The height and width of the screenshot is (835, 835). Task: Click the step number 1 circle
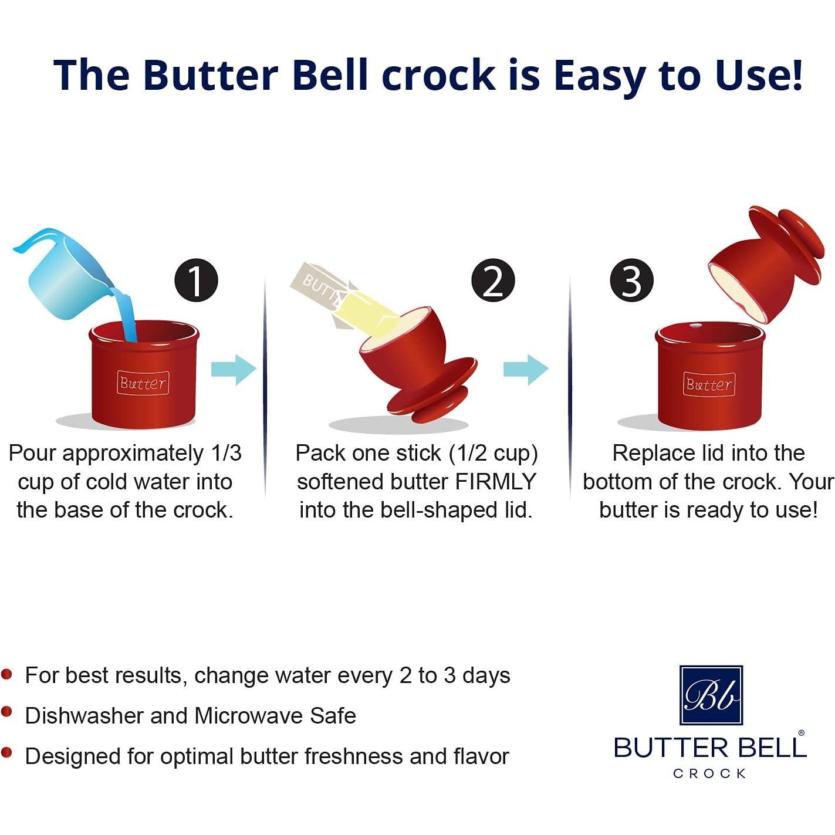196,280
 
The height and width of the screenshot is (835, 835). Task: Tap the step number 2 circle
493,280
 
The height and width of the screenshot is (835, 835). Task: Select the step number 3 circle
631,280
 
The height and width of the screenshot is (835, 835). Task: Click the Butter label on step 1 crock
143,383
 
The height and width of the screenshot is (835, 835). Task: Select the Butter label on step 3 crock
709,384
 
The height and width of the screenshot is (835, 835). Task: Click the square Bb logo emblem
711,695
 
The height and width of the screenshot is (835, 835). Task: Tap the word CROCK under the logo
710,773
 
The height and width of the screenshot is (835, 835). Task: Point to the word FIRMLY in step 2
496,482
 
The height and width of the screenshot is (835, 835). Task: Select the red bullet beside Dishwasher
7,712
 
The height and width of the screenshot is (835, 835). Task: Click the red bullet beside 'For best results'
7,674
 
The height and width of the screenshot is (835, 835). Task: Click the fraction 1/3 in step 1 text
226,453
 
